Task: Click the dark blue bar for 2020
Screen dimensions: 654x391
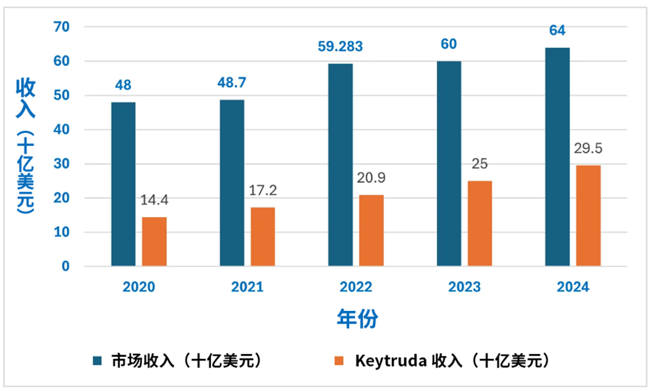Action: (123, 184)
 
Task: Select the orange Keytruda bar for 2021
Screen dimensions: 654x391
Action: (263, 237)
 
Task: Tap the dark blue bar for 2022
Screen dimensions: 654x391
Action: (340, 165)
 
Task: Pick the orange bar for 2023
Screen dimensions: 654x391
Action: (479, 223)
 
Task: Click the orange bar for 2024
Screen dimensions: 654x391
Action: (589, 216)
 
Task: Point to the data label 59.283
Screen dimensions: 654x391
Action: (340, 47)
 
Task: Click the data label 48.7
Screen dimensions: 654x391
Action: (232, 83)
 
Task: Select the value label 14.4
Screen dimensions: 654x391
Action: (154, 200)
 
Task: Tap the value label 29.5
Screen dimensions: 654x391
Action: (588, 149)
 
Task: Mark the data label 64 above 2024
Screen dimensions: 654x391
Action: (557, 31)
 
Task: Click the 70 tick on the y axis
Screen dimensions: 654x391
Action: (62, 26)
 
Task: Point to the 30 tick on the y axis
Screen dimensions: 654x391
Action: (62, 163)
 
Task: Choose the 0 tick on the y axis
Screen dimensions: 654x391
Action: (65, 266)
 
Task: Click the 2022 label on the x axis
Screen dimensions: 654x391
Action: (356, 287)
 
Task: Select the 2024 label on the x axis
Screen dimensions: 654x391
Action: (573, 287)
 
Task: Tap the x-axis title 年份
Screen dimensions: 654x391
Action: (358, 319)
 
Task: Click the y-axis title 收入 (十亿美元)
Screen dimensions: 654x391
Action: (26, 146)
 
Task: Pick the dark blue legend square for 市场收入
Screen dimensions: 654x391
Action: (97, 361)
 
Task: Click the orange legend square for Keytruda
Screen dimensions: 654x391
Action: (339, 361)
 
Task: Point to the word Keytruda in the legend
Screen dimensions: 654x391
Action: (391, 361)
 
